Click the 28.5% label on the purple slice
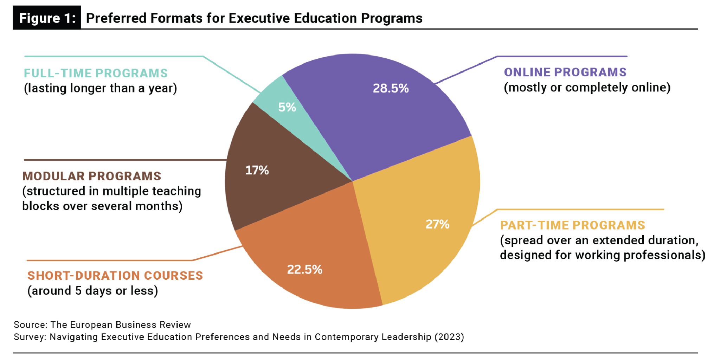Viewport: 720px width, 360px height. (391, 88)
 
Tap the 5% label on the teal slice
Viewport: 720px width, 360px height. (287, 107)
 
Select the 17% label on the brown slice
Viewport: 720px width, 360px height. (257, 171)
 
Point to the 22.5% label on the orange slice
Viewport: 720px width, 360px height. (304, 270)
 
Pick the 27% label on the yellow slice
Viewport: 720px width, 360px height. (437, 224)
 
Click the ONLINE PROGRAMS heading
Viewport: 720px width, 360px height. (565, 72)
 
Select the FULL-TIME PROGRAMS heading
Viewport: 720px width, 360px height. (96, 73)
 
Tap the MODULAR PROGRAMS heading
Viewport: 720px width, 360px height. (92, 176)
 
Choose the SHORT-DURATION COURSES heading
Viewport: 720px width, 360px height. (115, 276)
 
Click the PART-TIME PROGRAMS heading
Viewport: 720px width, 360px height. (572, 225)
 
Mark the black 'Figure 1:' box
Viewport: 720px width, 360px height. (47, 18)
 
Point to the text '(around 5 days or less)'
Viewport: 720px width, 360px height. (92, 291)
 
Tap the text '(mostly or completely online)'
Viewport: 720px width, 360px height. (587, 88)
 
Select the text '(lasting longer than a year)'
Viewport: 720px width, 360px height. (100, 88)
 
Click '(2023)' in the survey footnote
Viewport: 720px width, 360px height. (449, 337)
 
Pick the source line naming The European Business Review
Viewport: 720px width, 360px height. (102, 324)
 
